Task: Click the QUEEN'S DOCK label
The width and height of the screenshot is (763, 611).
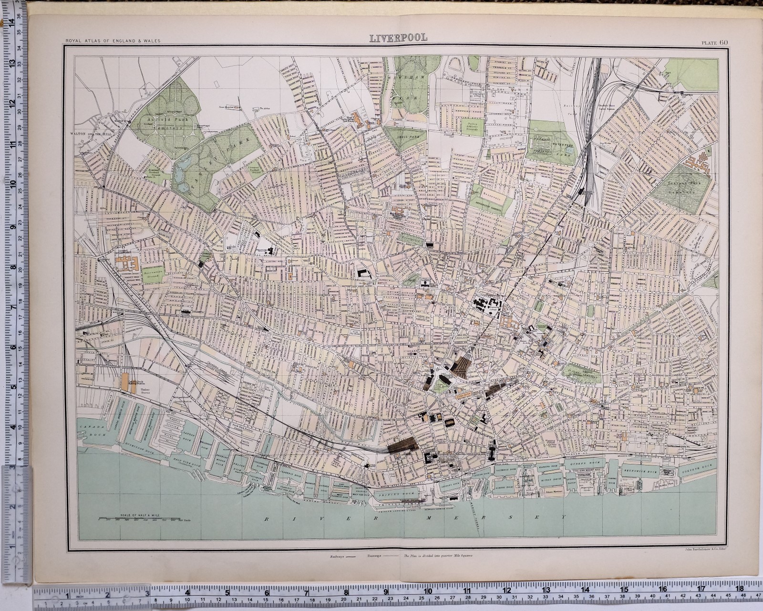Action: click(x=579, y=463)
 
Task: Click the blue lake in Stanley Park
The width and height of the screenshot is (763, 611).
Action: click(x=182, y=179)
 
